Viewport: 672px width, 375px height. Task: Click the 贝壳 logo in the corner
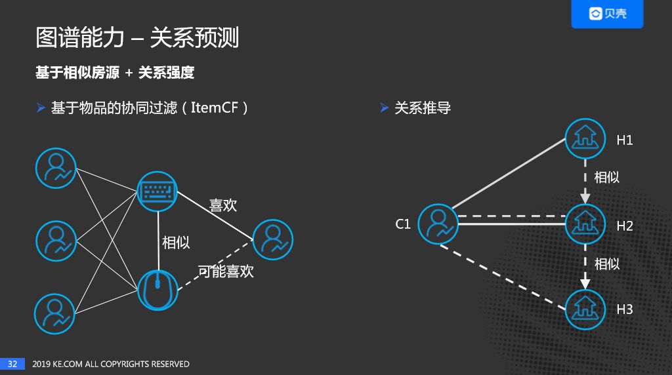(607, 14)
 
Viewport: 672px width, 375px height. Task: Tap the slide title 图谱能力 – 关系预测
(137, 38)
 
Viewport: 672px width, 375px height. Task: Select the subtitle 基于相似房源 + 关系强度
(115, 73)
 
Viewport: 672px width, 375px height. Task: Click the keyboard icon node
(157, 191)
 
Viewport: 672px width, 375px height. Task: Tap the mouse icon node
(157, 290)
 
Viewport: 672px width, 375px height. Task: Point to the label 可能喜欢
(226, 271)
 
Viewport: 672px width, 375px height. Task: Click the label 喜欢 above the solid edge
(222, 205)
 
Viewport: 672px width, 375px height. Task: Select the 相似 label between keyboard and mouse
(176, 242)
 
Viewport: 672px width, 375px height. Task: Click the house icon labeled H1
(585, 139)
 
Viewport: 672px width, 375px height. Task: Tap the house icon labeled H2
(585, 224)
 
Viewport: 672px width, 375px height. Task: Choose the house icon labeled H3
(585, 309)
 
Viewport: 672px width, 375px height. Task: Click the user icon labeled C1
(438, 224)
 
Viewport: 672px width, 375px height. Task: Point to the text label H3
(624, 309)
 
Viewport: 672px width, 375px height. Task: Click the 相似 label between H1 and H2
(606, 177)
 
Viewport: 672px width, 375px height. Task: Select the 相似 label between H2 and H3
(606, 264)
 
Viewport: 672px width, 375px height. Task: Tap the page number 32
(12, 364)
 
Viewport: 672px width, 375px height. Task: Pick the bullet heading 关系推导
(423, 108)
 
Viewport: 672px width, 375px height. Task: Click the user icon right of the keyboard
(272, 239)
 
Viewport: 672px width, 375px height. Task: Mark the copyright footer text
(111, 364)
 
